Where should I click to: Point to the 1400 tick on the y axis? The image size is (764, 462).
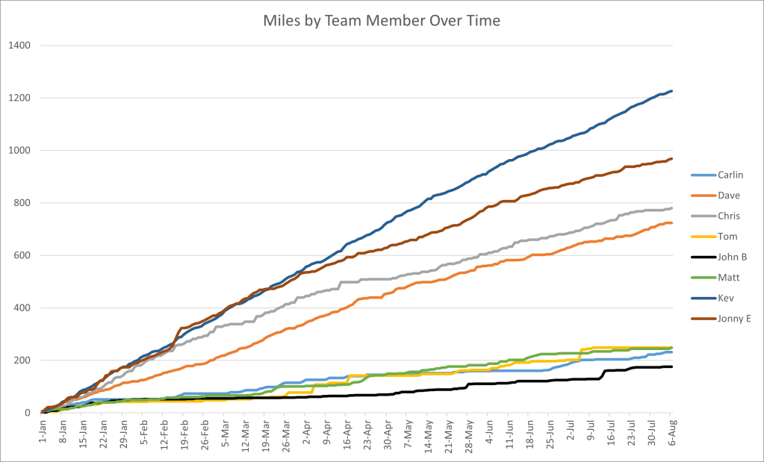(19, 46)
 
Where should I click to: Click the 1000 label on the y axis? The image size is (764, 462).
(19, 151)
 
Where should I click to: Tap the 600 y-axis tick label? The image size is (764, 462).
(22, 255)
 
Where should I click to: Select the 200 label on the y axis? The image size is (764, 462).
(22, 360)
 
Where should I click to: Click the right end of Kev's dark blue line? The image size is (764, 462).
(672, 91)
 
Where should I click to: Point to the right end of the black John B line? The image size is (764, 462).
(672, 366)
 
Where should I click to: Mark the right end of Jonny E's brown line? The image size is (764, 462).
(672, 159)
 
